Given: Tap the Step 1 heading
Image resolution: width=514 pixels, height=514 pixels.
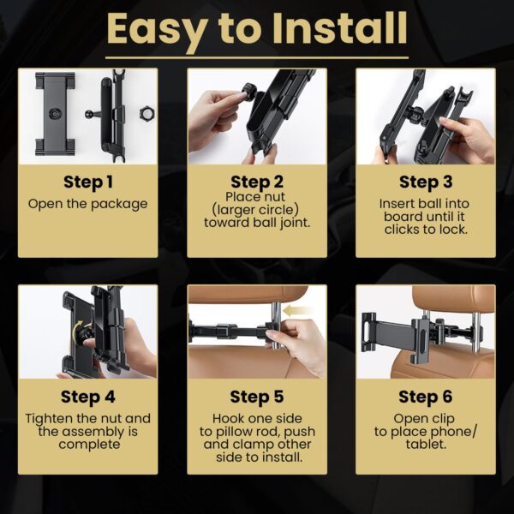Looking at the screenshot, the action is click(x=88, y=182).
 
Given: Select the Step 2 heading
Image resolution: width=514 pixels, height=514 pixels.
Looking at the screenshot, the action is click(x=257, y=182).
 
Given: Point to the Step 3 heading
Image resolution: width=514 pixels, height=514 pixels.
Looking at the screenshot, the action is click(x=426, y=182).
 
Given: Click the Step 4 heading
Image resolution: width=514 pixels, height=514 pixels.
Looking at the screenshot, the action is click(x=88, y=397).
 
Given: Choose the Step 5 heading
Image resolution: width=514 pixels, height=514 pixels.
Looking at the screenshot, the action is click(x=257, y=397).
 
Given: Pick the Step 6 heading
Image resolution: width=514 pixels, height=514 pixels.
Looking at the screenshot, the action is click(x=426, y=397).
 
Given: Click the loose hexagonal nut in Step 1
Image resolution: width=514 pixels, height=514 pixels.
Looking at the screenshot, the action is click(x=146, y=113).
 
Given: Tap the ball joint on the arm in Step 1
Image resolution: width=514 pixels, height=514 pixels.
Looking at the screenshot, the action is click(x=89, y=115).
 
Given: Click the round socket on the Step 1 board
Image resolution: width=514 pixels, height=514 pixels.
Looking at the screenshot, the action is click(x=55, y=114).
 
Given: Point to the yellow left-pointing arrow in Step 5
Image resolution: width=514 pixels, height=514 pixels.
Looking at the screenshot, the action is click(x=297, y=310).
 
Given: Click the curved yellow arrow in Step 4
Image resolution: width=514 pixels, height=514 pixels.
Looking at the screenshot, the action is click(x=78, y=330).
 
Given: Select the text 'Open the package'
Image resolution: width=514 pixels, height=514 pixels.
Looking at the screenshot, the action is click(x=88, y=204).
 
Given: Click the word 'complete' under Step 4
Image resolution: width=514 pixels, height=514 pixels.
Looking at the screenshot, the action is click(x=89, y=445).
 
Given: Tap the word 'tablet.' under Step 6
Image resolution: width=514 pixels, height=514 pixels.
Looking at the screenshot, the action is click(x=426, y=445).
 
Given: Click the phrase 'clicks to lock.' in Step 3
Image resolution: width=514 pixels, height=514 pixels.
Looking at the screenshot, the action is click(x=426, y=230).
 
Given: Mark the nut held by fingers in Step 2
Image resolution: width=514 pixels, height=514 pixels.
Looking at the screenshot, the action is click(x=249, y=90).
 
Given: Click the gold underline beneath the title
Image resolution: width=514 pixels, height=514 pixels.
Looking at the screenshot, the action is click(x=257, y=58).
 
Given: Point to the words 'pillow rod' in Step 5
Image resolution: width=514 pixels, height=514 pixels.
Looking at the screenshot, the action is click(x=246, y=432).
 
